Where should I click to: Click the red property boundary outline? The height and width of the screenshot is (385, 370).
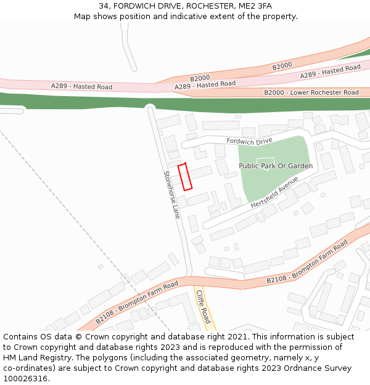[185, 177]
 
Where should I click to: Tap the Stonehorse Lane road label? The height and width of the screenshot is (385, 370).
[171, 195]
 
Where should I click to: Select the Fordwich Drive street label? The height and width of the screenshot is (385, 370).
[249, 141]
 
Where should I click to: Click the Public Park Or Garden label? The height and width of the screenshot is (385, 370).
[276, 166]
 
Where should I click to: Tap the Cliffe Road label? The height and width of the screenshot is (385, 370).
[203, 306]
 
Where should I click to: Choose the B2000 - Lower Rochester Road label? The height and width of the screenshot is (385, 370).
[311, 92]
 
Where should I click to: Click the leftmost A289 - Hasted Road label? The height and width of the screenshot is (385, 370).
[81, 86]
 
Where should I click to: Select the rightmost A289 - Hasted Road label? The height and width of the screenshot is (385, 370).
[330, 71]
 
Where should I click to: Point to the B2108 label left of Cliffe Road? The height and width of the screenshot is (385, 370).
[136, 302]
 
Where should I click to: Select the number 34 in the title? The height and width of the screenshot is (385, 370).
[104, 6]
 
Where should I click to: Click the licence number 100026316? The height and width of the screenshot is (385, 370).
[25, 379]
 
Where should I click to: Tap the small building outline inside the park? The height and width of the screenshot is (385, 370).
[261, 161]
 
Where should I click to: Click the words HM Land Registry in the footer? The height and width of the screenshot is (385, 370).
[35, 358]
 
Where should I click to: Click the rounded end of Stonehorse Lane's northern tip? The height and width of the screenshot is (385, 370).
[150, 109]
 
